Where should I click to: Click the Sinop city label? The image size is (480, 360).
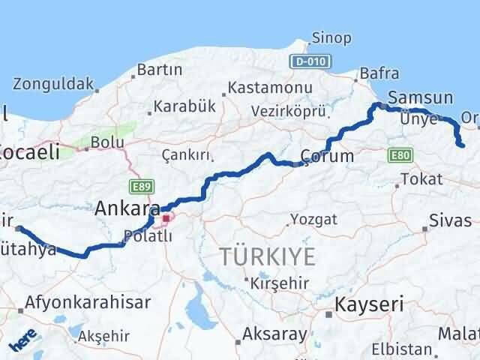click(x=328, y=37)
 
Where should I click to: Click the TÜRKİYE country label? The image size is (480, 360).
click(x=268, y=256)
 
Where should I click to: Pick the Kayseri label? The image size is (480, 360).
click(x=368, y=304)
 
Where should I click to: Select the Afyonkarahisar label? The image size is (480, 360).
click(x=88, y=302)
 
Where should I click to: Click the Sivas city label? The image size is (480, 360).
click(x=451, y=220)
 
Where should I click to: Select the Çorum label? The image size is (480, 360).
click(x=325, y=156)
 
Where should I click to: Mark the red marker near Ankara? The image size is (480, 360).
click(x=166, y=218)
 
